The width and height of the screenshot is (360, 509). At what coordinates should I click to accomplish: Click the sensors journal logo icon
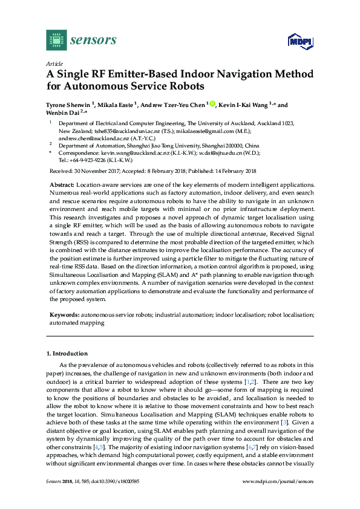click(x=56, y=41)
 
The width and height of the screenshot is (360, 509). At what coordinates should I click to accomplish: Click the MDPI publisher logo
click(x=301, y=42)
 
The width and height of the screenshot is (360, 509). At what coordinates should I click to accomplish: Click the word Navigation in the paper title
click(x=238, y=74)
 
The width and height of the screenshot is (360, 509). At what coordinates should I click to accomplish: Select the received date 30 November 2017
click(x=96, y=171)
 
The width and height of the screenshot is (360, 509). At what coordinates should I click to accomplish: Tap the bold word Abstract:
click(x=62, y=184)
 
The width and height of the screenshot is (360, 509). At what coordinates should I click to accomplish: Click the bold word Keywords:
click(x=64, y=315)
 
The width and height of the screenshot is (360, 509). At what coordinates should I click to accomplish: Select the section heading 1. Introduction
click(x=67, y=353)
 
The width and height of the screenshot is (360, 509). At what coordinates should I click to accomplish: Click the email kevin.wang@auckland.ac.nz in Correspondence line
click(x=128, y=154)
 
